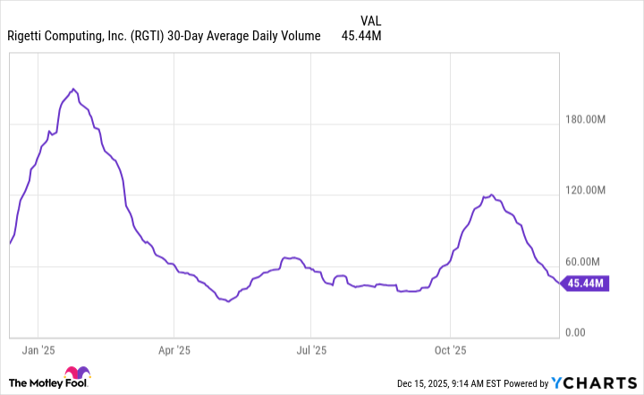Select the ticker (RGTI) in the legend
[145, 37]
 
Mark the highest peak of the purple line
[73, 90]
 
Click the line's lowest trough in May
[228, 302]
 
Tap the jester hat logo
[82, 376]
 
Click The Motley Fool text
[39, 382]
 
